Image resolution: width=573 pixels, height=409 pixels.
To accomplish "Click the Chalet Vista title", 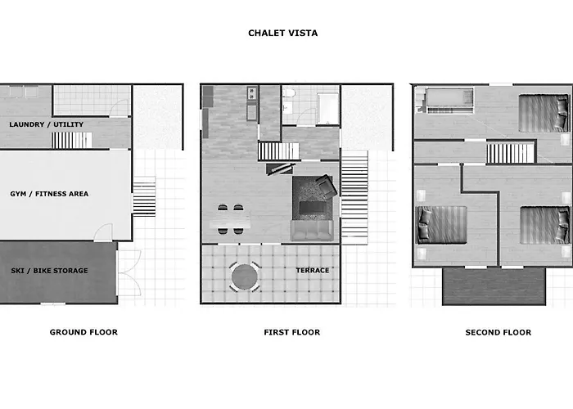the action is pyautogui.click(x=283, y=34).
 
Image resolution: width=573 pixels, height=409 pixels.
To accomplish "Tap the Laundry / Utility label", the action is pyautogui.click(x=47, y=124).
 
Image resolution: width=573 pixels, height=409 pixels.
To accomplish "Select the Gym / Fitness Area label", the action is pyautogui.click(x=49, y=194).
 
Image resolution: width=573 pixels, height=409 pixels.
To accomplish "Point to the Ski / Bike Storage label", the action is pyautogui.click(x=49, y=271).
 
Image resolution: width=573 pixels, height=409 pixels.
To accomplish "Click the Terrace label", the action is pyautogui.click(x=313, y=270).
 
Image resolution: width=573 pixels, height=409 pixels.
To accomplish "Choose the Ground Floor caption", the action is pyautogui.click(x=83, y=332).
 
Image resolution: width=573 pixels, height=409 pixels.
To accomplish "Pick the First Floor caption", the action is pyautogui.click(x=292, y=332).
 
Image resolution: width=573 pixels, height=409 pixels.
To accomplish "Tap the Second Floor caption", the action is pyautogui.click(x=499, y=332).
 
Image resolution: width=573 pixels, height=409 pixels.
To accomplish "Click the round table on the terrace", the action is pyautogui.click(x=245, y=276).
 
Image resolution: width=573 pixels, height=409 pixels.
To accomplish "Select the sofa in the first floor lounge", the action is pyautogui.click(x=312, y=230).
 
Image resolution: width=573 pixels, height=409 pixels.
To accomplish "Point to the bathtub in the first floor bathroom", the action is pyautogui.click(x=327, y=109).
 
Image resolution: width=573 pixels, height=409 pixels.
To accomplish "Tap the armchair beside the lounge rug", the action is pyautogui.click(x=327, y=187).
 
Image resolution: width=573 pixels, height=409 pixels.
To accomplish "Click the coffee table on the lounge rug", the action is pyautogui.click(x=313, y=208).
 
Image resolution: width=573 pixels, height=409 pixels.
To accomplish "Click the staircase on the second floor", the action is pyautogui.click(x=510, y=153).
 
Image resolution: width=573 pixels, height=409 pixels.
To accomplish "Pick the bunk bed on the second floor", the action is pyautogui.click(x=450, y=100).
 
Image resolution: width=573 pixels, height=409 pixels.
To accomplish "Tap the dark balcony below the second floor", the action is pyautogui.click(x=494, y=286).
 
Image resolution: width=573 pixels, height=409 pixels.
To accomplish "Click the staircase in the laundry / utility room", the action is pyautogui.click(x=72, y=140).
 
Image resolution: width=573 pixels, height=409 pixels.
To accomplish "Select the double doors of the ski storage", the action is pyautogui.click(x=129, y=272).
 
